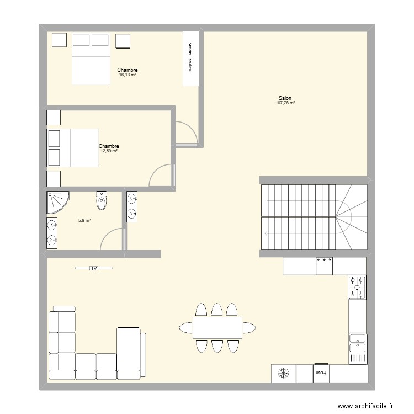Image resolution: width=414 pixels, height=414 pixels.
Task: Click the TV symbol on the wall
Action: pos(94,269)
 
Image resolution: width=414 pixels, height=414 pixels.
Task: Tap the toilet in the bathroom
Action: pos(102,202)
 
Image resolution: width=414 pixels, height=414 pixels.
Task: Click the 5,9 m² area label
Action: pos(84,220)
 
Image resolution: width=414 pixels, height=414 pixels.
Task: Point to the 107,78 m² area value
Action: pos(285,103)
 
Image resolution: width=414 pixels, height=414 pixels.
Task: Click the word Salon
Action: pos(285,98)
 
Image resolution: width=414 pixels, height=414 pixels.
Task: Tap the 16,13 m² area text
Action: pos(127,75)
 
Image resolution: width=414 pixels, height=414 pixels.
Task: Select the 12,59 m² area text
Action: pos(109,151)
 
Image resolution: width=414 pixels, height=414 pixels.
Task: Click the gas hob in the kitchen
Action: pos(357,288)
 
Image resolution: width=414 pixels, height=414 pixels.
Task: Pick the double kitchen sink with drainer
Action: pos(357,349)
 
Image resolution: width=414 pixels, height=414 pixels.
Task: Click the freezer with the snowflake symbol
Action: pos(283,374)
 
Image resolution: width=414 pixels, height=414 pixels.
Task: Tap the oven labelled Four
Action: pos(321,373)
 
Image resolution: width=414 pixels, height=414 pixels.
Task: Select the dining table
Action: pos(217,327)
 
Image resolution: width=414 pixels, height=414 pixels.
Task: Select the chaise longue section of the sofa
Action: pos(130,352)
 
